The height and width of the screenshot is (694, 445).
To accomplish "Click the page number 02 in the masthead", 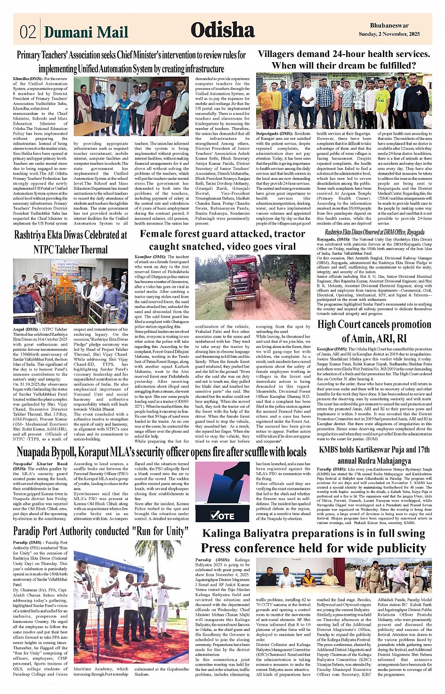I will pyautogui.click(x=28, y=32).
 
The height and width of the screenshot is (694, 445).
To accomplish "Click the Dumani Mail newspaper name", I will pyautogui.click(x=86, y=32).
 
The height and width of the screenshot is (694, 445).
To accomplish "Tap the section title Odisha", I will pyautogui.click(x=222, y=30).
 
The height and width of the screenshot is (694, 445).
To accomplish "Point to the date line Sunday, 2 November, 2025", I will pyautogui.click(x=389, y=34).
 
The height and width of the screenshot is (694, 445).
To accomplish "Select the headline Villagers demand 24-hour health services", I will pyautogui.click(x=344, y=54).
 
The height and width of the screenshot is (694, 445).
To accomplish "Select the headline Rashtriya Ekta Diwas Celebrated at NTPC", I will pyautogui.click(x=70, y=242).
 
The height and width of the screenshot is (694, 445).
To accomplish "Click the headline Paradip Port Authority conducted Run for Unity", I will pyautogui.click(x=100, y=531).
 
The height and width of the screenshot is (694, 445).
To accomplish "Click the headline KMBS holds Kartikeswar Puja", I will pyautogui.click(x=374, y=454).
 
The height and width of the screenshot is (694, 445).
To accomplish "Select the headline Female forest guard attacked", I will pyautogui.click(x=223, y=240).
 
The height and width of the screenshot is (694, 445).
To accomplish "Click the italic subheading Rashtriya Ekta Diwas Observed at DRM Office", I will pyautogui.click(x=374, y=232).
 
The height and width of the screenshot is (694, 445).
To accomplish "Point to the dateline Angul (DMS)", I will pyautogui.click(x=26, y=329).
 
